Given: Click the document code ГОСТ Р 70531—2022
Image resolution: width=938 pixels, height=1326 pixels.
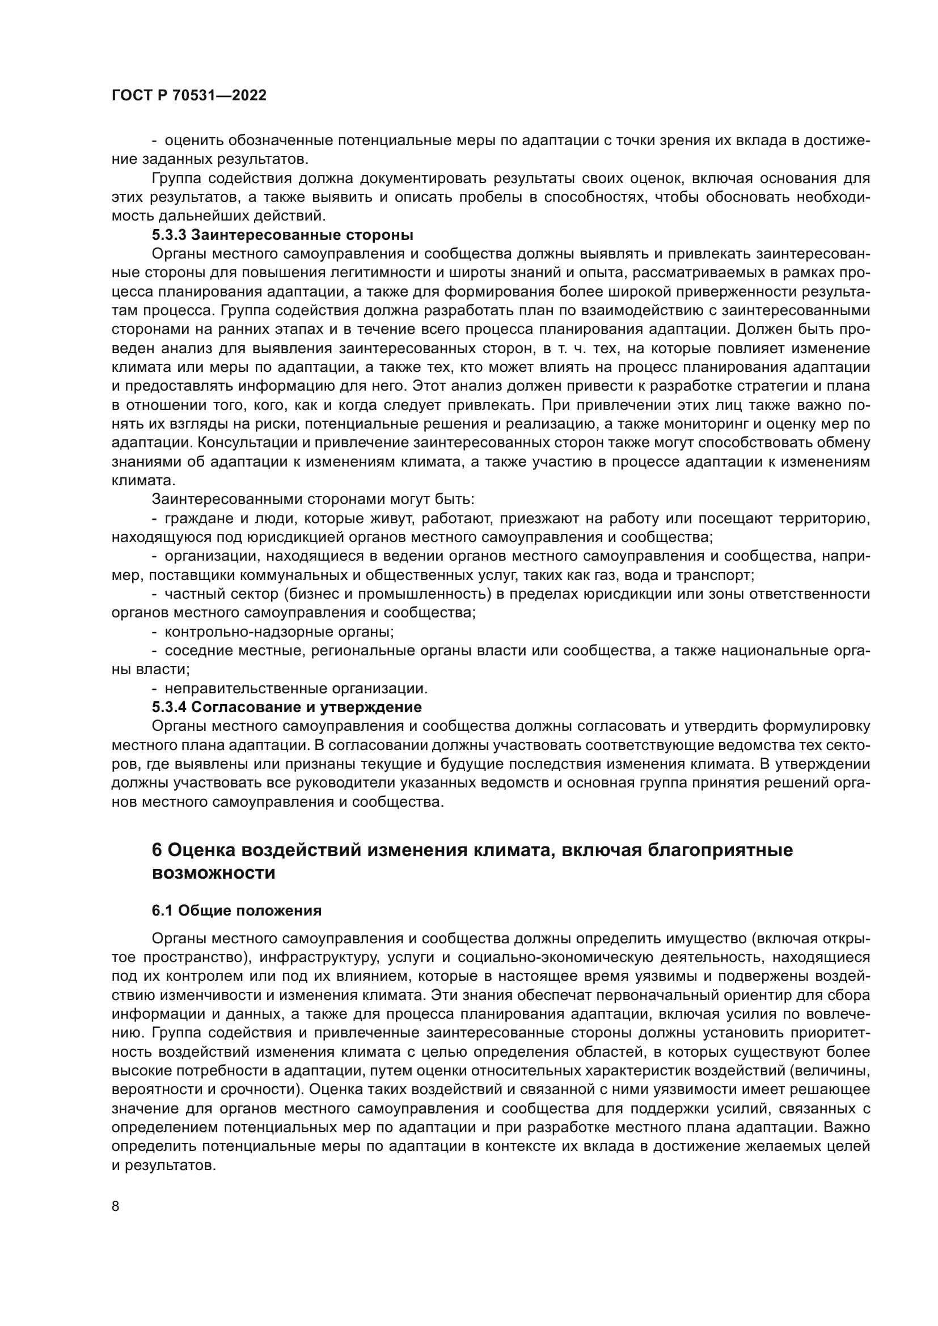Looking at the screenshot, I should tap(189, 96).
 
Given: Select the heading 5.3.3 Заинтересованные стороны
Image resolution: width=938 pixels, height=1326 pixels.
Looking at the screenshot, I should tap(282, 235).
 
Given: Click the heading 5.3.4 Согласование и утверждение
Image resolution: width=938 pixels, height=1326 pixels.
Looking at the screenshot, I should tap(286, 707).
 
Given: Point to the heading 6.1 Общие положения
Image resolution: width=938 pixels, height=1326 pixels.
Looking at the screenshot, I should tap(236, 911).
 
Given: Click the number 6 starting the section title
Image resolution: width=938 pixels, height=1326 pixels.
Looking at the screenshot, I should tap(157, 850).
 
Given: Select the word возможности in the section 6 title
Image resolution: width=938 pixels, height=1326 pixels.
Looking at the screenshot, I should tap(213, 873).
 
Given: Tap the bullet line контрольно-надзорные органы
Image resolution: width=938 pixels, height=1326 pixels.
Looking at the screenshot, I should tap(279, 632).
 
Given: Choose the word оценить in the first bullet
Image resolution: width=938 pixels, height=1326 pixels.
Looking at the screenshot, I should tap(194, 141).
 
